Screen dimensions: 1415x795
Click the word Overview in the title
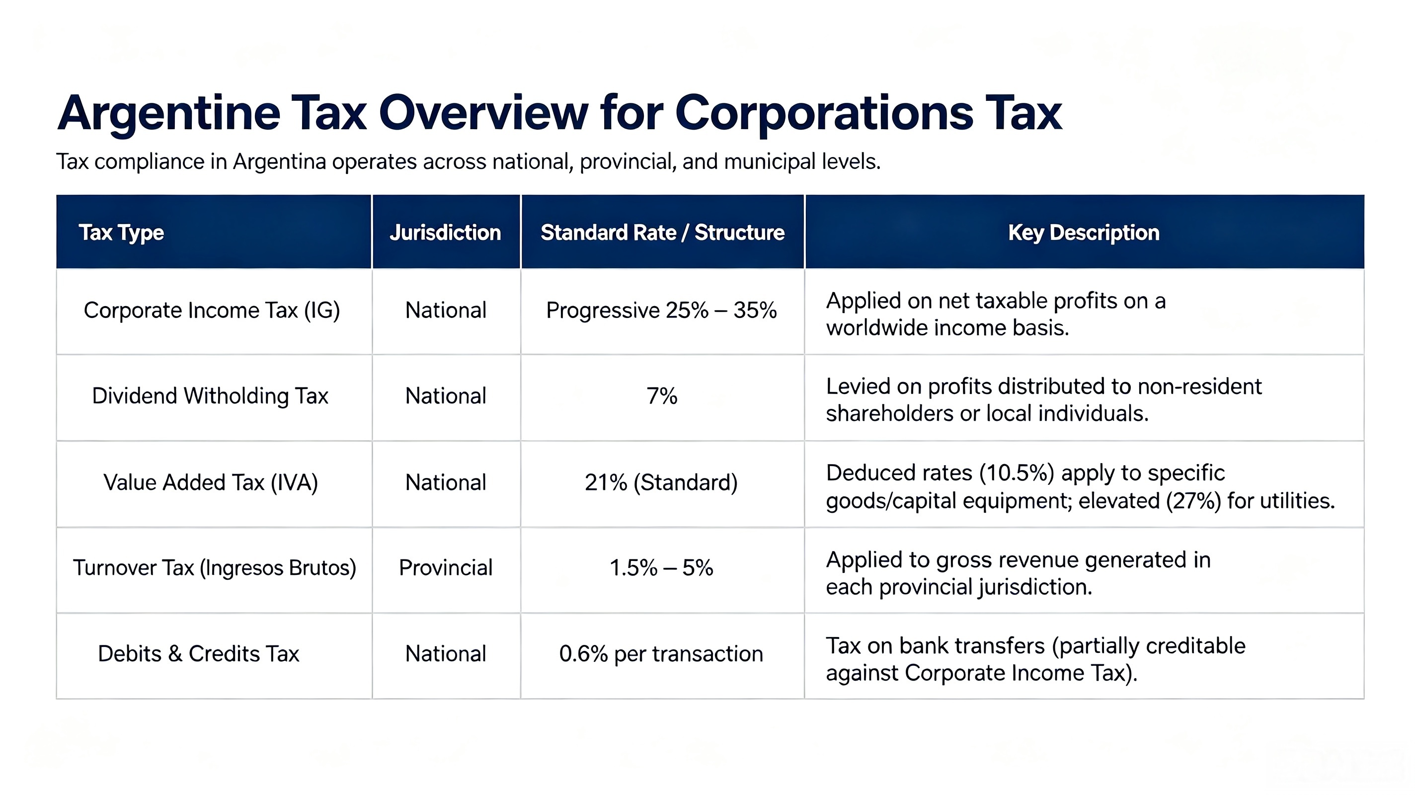tap(483, 113)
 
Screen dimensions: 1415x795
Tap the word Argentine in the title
tap(168, 114)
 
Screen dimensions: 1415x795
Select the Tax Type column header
tap(121, 233)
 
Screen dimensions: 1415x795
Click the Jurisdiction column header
tap(446, 233)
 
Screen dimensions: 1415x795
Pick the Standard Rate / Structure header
tap(662, 233)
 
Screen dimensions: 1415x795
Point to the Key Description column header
tap(1084, 233)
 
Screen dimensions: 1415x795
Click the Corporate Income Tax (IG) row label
tap(212, 311)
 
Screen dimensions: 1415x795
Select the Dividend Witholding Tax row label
tap(210, 396)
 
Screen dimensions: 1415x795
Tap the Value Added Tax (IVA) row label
tap(211, 482)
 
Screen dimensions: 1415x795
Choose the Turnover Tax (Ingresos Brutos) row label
tap(215, 567)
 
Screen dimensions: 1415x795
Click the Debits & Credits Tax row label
tap(199, 654)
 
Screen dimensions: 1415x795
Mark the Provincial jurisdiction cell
tap(446, 567)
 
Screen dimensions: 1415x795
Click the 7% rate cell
tap(662, 396)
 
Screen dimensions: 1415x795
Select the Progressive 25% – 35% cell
tap(661, 311)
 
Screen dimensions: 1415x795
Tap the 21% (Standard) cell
tap(661, 482)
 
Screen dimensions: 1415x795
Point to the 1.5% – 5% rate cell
tap(661, 567)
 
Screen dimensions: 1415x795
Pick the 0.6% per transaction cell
tap(661, 654)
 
